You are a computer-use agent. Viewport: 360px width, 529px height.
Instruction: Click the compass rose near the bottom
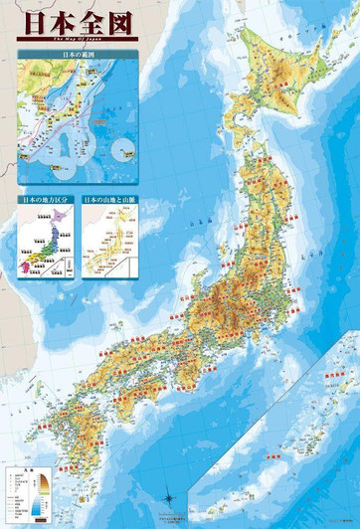click(x=170, y=497)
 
